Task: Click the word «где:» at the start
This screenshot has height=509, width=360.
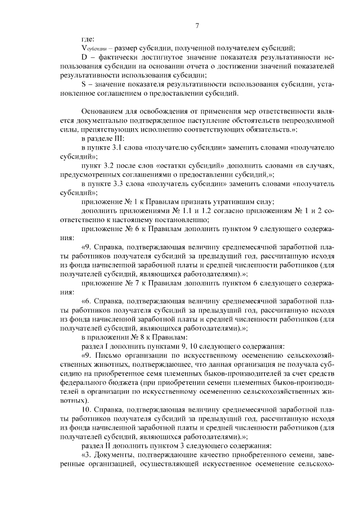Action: coord(88,39)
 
